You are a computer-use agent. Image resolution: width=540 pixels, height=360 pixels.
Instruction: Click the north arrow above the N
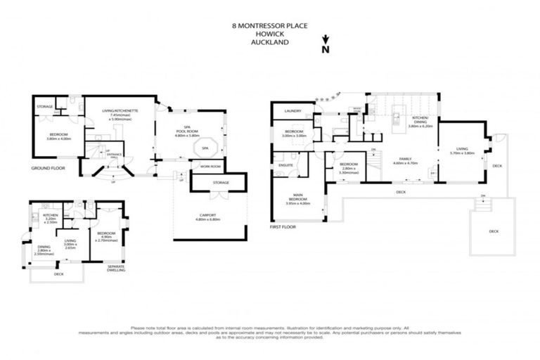coord(324,41)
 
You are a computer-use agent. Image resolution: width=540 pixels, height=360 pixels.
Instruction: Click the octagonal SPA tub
coord(204,149)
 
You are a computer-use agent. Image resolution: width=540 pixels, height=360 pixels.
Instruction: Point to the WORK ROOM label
coord(210,167)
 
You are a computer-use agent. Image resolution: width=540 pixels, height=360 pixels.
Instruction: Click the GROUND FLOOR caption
coord(47,169)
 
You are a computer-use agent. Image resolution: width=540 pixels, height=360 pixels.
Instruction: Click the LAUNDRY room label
coord(293,111)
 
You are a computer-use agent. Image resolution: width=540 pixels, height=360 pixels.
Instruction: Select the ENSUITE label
coord(285,165)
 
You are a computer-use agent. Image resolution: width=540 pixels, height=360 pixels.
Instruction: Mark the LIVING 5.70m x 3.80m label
coord(461,150)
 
